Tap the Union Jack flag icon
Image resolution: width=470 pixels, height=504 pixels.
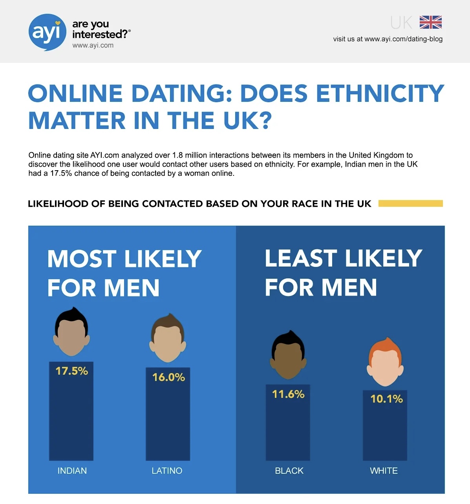(x=430, y=22)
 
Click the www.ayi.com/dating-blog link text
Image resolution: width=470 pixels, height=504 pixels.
(x=403, y=39)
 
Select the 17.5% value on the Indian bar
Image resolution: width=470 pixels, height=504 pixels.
(x=71, y=371)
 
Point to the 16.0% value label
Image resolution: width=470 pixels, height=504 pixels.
(x=168, y=377)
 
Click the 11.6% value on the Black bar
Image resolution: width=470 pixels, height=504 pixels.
(x=288, y=394)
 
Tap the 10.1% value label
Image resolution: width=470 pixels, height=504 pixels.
(x=386, y=399)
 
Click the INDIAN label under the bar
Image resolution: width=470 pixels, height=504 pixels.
(x=72, y=471)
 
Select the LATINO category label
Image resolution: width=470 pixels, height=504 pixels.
(x=167, y=471)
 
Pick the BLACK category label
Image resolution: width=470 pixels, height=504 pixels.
(x=289, y=471)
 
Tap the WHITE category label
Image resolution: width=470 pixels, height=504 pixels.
(x=384, y=471)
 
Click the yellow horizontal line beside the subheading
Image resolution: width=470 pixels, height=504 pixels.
(x=410, y=203)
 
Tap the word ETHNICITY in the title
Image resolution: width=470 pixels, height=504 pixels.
(x=380, y=94)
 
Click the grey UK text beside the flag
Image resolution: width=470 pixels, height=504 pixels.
(x=401, y=23)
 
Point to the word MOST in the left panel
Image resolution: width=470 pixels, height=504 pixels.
(x=82, y=259)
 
